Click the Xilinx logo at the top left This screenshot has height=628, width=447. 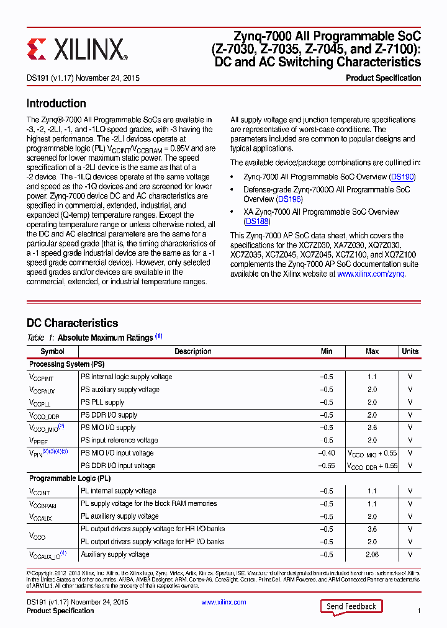pyautogui.click(x=77, y=48)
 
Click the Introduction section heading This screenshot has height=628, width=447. pyautogui.click(x=56, y=104)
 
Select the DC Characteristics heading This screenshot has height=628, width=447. pyautogui.click(x=72, y=323)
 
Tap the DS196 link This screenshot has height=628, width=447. pyautogui.click(x=289, y=199)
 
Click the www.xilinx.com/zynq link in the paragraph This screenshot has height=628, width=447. pyautogui.click(x=371, y=274)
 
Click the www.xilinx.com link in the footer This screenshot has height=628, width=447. pyautogui.click(x=223, y=602)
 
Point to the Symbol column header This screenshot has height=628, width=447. pyautogui.click(x=52, y=351)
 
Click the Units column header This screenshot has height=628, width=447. pyautogui.click(x=410, y=351)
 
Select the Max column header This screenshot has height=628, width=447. pyautogui.click(x=372, y=351)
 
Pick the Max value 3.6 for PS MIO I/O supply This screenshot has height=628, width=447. pyautogui.click(x=372, y=428)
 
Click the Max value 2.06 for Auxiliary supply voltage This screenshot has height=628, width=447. pyautogui.click(x=372, y=555)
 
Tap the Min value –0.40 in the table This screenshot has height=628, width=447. pyautogui.click(x=327, y=453)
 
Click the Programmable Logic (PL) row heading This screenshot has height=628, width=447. pyautogui.click(x=70, y=478)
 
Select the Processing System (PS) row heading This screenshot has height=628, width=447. pyautogui.click(x=67, y=364)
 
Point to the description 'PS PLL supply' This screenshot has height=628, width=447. pyautogui.click(x=102, y=402)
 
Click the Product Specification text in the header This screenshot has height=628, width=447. pyautogui.click(x=383, y=78)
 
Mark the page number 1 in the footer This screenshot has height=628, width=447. pyautogui.click(x=419, y=611)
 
